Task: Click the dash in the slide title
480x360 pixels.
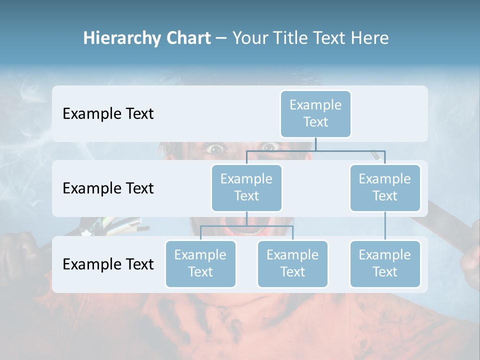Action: point(221,39)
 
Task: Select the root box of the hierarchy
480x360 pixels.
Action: point(315,113)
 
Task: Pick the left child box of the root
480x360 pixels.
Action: point(246,187)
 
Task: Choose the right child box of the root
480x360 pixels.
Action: point(385,187)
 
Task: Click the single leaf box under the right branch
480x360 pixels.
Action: point(385,263)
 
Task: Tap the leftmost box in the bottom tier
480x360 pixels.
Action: point(200,263)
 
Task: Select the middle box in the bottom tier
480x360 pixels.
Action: point(292,263)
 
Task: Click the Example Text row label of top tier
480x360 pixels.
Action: point(108,114)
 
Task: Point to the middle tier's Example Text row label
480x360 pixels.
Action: point(108,188)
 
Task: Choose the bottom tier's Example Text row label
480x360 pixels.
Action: point(108,264)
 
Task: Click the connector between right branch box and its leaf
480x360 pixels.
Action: point(385,226)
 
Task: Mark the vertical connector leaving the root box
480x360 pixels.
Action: point(315,144)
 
